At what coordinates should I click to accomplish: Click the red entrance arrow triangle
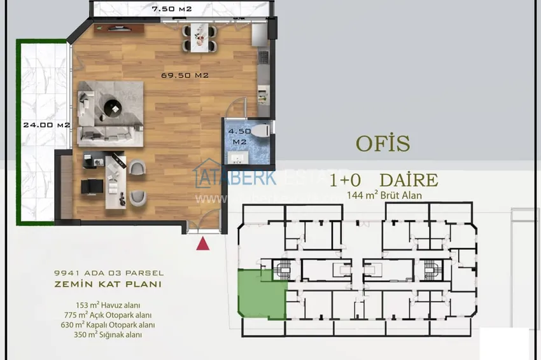click(203, 243)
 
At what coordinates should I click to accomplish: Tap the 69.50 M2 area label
click(185, 75)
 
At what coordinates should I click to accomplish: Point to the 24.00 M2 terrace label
click(46, 125)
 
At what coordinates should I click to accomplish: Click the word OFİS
click(383, 144)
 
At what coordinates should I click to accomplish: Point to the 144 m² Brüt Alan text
click(384, 196)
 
